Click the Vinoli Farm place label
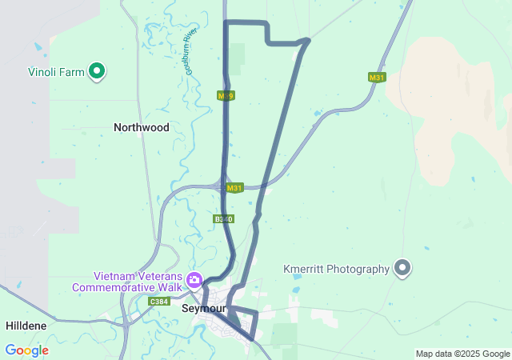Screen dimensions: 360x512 (54, 72)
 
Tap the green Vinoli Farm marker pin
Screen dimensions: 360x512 (97, 72)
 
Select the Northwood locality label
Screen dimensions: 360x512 (142, 127)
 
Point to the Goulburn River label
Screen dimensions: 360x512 (190, 52)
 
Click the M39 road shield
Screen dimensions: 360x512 (226, 96)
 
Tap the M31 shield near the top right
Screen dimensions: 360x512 (377, 78)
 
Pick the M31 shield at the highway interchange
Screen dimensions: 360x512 (234, 188)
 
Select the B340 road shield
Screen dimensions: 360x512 (224, 218)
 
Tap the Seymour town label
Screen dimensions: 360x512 (204, 309)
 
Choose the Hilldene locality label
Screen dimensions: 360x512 (26, 326)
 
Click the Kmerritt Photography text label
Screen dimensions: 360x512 (336, 269)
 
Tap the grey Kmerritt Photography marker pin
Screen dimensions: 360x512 (402, 269)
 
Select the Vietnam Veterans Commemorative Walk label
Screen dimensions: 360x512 (128, 281)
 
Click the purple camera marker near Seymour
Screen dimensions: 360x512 (194, 280)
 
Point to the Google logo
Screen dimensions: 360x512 (26, 350)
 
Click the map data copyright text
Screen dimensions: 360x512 (462, 354)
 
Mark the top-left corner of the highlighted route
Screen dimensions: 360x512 (226, 22)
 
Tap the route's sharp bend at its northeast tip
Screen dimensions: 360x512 (307, 40)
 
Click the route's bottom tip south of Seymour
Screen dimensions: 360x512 (254, 338)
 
